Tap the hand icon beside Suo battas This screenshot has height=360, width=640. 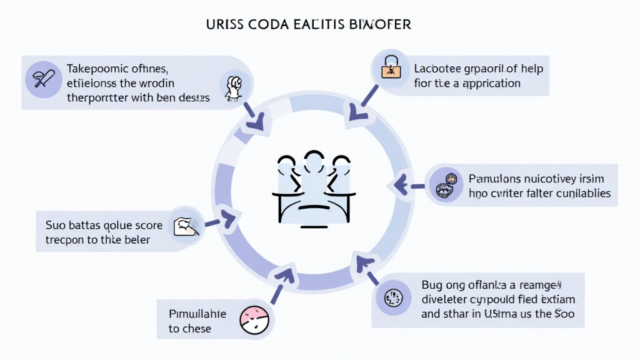186,226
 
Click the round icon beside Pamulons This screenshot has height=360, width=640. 446,184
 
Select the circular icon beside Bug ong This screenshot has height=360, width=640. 394,299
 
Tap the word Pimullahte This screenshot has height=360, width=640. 197,313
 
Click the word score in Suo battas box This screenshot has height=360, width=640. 148,224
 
